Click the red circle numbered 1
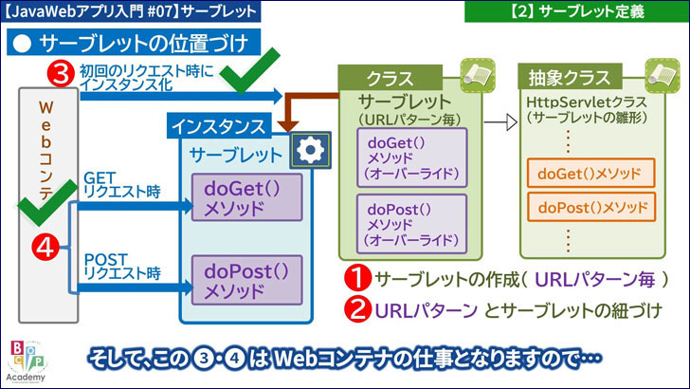tap(356, 280)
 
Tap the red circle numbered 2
tap(356, 309)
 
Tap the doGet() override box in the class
tap(410, 157)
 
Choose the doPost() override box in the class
tap(410, 221)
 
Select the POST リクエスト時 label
tap(119, 266)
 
